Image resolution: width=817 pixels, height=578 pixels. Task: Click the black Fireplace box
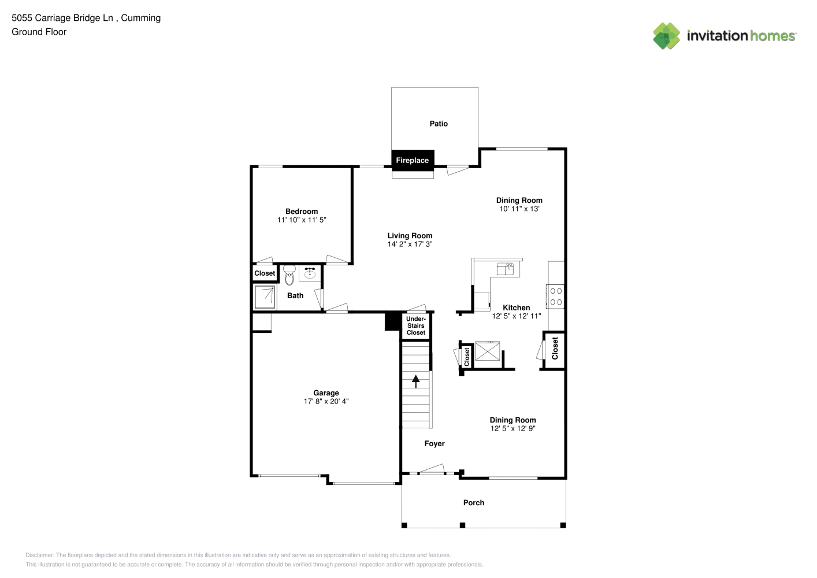413,160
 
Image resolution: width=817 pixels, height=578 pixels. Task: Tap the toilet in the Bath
289,275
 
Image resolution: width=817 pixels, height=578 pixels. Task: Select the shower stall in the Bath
265,298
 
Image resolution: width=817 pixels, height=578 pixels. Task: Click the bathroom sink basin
310,273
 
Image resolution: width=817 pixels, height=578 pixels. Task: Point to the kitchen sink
505,269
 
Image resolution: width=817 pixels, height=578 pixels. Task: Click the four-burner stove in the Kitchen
555,297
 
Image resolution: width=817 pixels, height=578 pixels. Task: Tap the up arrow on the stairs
416,381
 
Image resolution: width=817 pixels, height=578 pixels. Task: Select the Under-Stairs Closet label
416,325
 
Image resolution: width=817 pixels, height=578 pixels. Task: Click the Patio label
439,124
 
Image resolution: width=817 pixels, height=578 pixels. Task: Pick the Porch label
474,502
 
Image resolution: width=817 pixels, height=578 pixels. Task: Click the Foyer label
435,443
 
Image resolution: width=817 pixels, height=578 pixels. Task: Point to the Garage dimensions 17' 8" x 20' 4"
326,401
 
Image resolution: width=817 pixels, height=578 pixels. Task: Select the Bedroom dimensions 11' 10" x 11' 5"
302,220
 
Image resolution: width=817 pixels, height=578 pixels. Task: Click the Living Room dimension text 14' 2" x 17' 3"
410,244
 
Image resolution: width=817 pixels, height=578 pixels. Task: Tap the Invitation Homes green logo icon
666,36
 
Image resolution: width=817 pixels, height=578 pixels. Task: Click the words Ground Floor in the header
39,32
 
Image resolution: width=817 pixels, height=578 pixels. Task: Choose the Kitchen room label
517,307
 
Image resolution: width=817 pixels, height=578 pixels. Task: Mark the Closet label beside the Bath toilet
265,273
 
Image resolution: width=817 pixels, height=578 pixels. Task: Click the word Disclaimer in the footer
40,555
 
